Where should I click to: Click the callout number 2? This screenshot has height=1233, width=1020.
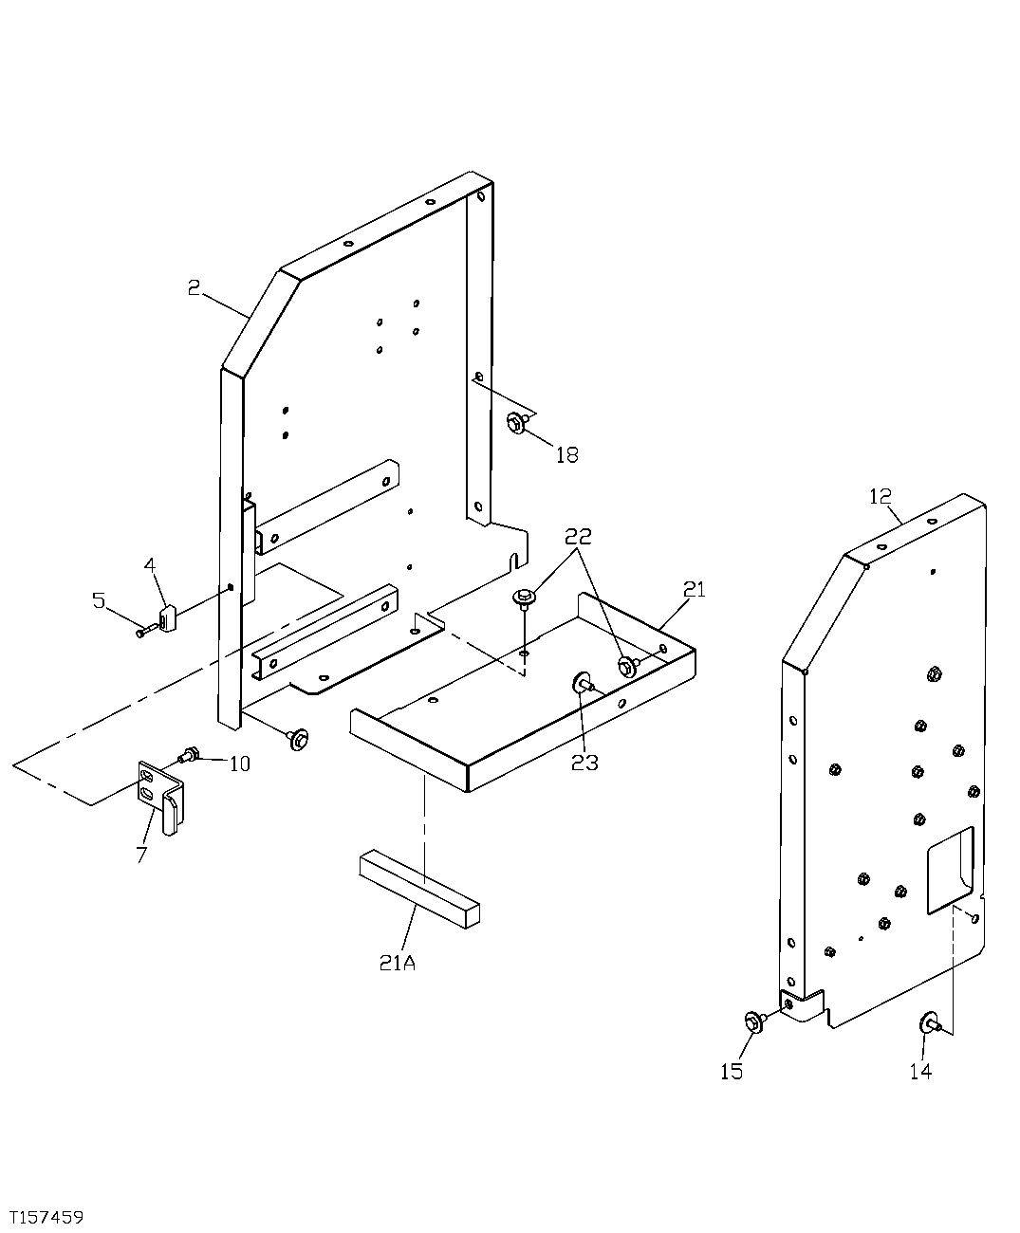[194, 287]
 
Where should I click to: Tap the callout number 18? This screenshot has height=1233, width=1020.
[566, 455]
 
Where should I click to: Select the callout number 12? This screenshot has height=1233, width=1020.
[880, 496]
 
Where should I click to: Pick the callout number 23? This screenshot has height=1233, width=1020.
[584, 763]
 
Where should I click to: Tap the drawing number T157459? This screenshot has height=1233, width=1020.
[47, 1216]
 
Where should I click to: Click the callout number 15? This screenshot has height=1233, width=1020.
[731, 1072]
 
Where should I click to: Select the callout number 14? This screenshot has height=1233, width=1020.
[920, 1072]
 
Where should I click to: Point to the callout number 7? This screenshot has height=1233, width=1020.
[141, 855]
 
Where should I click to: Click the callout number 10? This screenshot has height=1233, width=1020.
[239, 764]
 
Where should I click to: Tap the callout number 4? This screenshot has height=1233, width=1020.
[149, 566]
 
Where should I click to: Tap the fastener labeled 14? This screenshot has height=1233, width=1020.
[927, 1023]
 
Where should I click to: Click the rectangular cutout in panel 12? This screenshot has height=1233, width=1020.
[950, 862]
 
